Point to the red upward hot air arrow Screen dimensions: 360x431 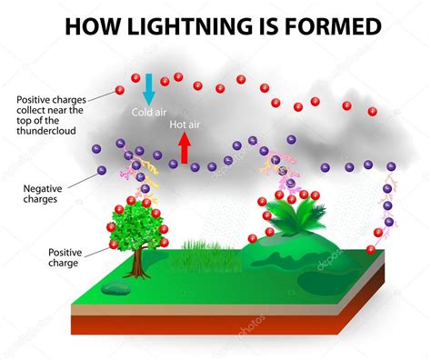tap(185, 145)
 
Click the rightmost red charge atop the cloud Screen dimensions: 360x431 tap(373, 111)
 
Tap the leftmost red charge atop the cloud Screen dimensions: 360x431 tap(119, 89)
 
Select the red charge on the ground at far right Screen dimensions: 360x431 tap(370, 251)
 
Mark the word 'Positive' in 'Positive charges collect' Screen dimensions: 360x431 tap(34, 99)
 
